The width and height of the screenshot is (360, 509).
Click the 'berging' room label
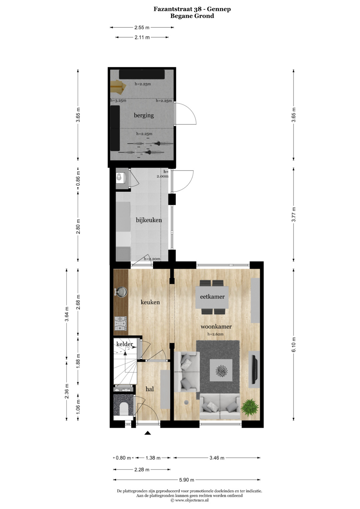click(144, 115)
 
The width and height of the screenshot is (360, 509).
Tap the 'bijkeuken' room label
click(149, 220)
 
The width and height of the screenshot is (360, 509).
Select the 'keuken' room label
click(150, 302)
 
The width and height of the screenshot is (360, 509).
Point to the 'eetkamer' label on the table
click(212, 297)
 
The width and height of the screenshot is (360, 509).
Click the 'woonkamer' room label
click(216, 327)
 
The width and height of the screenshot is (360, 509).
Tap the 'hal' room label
click(150, 389)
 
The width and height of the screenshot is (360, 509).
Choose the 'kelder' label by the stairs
click(125, 344)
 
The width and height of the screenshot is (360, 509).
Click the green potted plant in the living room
click(250, 408)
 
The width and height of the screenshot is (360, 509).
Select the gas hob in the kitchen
click(121, 324)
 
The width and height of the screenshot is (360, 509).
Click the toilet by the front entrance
click(124, 409)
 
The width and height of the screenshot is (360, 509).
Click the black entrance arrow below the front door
click(148, 433)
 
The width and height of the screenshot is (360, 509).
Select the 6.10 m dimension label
click(294, 345)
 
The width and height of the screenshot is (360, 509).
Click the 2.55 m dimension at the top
click(142, 27)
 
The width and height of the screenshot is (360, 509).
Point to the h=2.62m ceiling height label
click(215, 334)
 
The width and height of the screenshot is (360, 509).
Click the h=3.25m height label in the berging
click(118, 100)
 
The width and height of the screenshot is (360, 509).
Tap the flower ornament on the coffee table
click(221, 371)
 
